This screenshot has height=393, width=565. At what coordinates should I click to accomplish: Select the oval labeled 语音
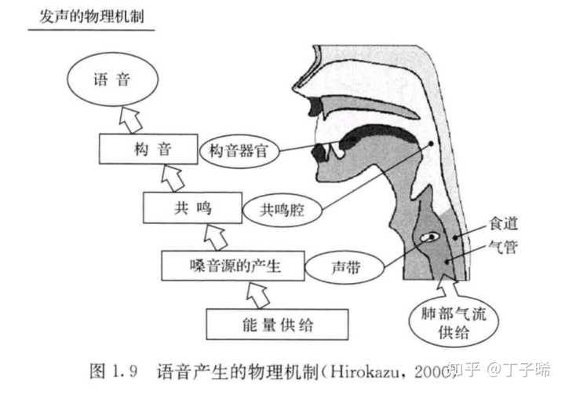[111, 80]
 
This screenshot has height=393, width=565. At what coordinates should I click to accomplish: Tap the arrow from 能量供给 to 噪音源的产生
[256, 294]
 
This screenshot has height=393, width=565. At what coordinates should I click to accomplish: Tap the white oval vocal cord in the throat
[430, 236]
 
